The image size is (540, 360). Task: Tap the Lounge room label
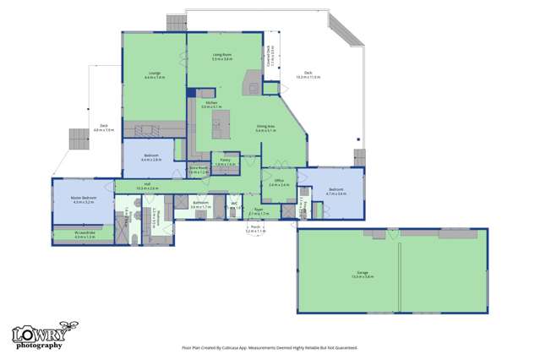[x=154, y=75]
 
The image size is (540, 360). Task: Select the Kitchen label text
[x=211, y=105]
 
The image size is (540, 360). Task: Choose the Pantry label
[x=225, y=161]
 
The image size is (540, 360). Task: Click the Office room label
[x=279, y=182]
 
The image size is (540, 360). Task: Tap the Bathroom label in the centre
[x=200, y=205]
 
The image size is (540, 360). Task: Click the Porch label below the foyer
[x=255, y=228]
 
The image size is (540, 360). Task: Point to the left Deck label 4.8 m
[x=103, y=128]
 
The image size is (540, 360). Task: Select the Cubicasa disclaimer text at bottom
[x=270, y=347]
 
